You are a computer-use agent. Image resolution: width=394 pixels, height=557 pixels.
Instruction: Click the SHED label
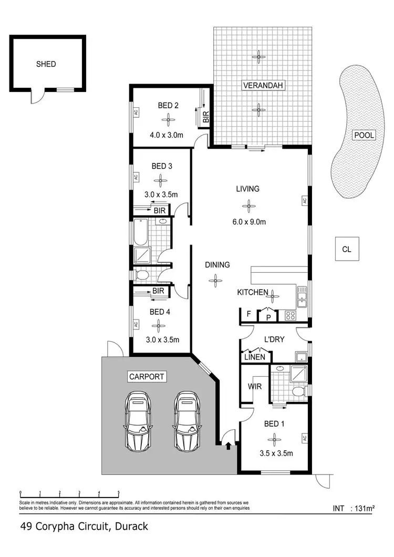tap(46, 64)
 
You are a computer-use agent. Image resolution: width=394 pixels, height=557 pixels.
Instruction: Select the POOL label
tap(364, 135)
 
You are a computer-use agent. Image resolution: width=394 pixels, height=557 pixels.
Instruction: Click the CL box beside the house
tap(346, 249)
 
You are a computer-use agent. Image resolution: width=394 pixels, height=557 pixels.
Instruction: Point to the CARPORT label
tap(147, 376)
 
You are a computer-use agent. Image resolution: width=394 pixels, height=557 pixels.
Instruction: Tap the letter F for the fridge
tap(248, 314)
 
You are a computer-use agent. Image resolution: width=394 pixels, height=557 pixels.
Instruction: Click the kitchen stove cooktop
tap(291, 315)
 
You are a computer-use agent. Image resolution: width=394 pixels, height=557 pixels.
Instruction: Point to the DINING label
tap(217, 265)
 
